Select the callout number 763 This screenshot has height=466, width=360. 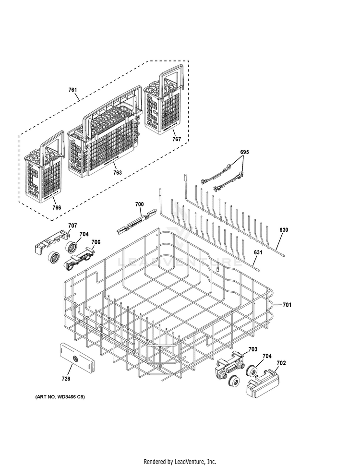coord(117,173)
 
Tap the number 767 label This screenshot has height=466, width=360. coord(177,139)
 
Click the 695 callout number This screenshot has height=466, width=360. coord(245,152)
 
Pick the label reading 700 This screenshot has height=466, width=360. coord(139,205)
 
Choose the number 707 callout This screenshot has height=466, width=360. coord(72,226)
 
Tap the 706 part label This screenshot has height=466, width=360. coord(96,242)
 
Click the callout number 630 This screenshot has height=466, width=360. coord(284,230)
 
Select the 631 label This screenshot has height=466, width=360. coord(258,252)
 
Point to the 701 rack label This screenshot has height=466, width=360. coord(287,305)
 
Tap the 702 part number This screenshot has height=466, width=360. coord(281,363)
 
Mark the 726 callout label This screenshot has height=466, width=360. coord(66,379)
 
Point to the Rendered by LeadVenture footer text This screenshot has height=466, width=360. coord(180,461)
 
